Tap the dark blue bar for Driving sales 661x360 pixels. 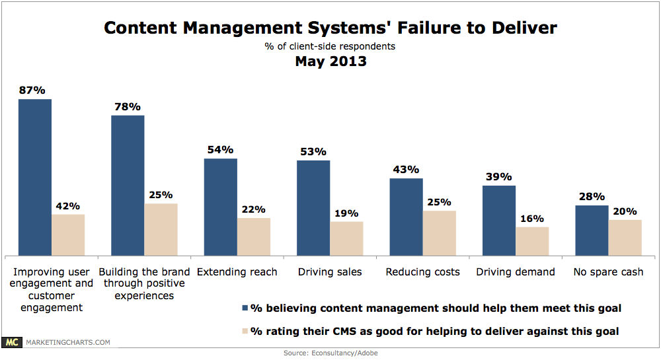point(313,208)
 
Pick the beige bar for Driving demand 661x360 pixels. point(532,241)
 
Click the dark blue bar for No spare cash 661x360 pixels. point(592,231)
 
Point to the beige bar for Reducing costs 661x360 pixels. point(440,233)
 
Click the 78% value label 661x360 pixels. point(128,107)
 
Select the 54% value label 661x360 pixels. point(221,150)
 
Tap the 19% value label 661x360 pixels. point(346,213)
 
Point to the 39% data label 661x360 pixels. point(499,177)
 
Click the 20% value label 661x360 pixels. point(625,211)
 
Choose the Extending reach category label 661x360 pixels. point(237,272)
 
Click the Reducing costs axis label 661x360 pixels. point(423,272)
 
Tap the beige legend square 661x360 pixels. point(245,331)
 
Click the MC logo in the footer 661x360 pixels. point(12,342)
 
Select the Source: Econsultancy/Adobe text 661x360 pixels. point(330,353)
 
